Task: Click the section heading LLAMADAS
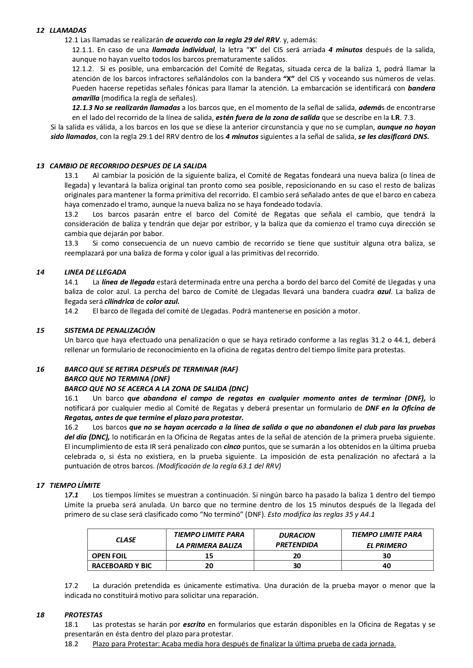click(68, 30)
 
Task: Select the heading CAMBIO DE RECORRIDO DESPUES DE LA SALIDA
click(128, 166)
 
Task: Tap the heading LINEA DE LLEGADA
click(95, 272)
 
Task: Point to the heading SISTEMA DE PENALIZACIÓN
click(110, 330)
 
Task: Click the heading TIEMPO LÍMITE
click(75, 486)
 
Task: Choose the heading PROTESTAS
click(83, 615)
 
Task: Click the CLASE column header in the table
click(126, 540)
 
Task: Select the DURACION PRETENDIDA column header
click(297, 540)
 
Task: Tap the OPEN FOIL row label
click(109, 556)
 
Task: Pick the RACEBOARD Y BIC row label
click(122, 566)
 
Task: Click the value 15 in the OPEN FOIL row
click(209, 556)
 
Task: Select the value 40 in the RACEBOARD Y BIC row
click(386, 566)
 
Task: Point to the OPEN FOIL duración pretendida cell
click(297, 556)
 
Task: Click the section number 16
click(40, 369)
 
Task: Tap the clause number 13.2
click(71, 214)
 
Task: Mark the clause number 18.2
click(71, 644)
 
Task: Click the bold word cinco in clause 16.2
click(232, 447)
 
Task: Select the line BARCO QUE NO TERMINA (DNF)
click(117, 379)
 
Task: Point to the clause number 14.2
click(71, 311)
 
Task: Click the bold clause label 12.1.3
click(82, 108)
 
